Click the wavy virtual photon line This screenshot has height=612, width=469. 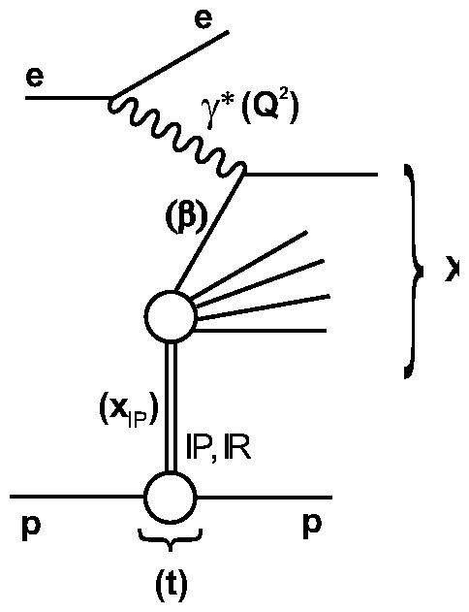179,137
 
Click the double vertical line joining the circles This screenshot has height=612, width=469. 171,407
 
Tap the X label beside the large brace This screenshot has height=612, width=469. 457,274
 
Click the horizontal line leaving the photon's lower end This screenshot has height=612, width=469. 310,175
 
